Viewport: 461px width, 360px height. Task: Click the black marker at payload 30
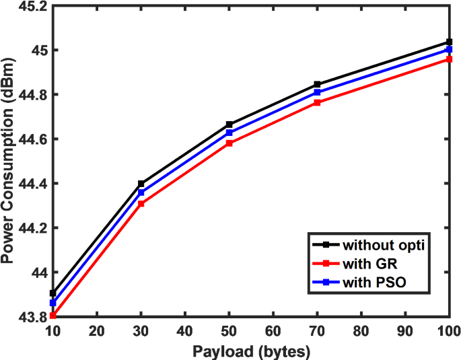tap(141, 184)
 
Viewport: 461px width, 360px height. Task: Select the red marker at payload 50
tap(229, 143)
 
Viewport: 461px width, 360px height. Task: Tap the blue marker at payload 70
tap(317, 92)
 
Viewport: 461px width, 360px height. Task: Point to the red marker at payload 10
tap(53, 315)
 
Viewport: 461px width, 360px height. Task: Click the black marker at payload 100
tap(449, 42)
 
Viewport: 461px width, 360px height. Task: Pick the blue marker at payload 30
tap(141, 192)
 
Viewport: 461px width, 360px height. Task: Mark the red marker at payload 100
tap(449, 59)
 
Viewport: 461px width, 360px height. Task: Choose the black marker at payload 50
tap(229, 124)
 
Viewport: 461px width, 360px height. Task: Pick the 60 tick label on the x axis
tap(273, 331)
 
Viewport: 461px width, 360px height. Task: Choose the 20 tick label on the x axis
tap(98, 331)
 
